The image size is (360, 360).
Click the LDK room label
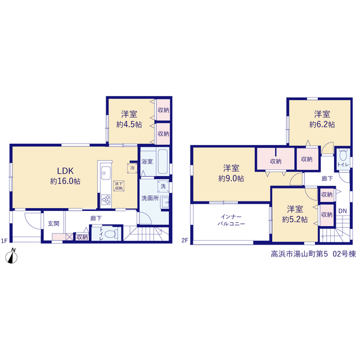(65, 171)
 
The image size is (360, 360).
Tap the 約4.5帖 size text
(129, 125)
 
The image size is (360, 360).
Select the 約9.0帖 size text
(231, 178)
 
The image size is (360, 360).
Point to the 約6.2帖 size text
(322, 125)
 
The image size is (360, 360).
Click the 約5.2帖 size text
(295, 219)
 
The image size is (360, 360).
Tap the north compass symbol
(11, 256)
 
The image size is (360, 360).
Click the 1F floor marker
(4, 241)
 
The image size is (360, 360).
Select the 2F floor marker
(184, 240)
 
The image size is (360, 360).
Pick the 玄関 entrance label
(53, 223)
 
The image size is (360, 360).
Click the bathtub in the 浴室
(163, 161)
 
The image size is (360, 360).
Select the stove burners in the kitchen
(106, 200)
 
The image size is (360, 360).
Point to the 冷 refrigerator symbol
(132, 168)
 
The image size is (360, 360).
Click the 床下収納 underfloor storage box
(119, 186)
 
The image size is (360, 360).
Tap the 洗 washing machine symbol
(163, 186)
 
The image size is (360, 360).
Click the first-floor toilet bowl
(110, 234)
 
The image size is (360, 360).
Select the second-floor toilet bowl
(343, 155)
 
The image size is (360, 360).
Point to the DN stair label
(343, 211)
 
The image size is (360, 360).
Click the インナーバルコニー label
(231, 220)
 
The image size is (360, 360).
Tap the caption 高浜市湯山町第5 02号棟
(313, 254)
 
